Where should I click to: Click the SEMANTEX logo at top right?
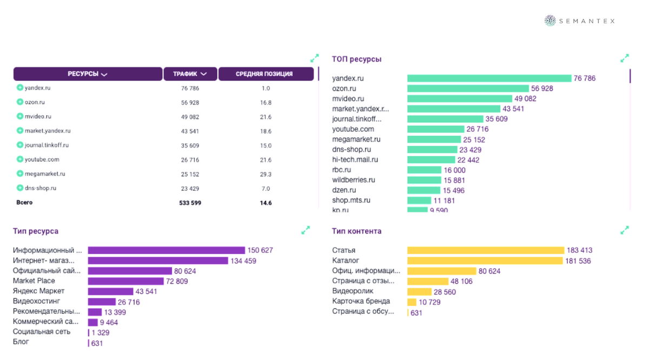tap(580, 21)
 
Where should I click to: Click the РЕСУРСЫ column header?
tap(88, 74)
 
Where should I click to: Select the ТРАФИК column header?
tap(190, 74)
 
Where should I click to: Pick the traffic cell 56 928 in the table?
tap(190, 102)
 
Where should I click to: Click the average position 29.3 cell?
tap(266, 174)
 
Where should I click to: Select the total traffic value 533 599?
tap(190, 203)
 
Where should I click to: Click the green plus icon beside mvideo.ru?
tap(20, 116)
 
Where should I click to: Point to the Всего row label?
tap(24, 203)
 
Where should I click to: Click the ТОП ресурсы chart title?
tap(356, 59)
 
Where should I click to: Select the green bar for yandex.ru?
tap(489, 78)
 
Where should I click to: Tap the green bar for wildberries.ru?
tap(425, 180)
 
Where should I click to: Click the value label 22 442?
tap(468, 160)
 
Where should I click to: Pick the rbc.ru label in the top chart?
tap(342, 170)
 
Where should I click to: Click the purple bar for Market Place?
tap(125, 281)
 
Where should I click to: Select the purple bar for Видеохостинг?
tap(102, 302)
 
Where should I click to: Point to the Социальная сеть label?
tap(42, 331)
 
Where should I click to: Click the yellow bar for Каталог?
tap(485, 261)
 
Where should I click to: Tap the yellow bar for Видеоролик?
tap(419, 292)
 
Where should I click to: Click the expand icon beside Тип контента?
tap(625, 230)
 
